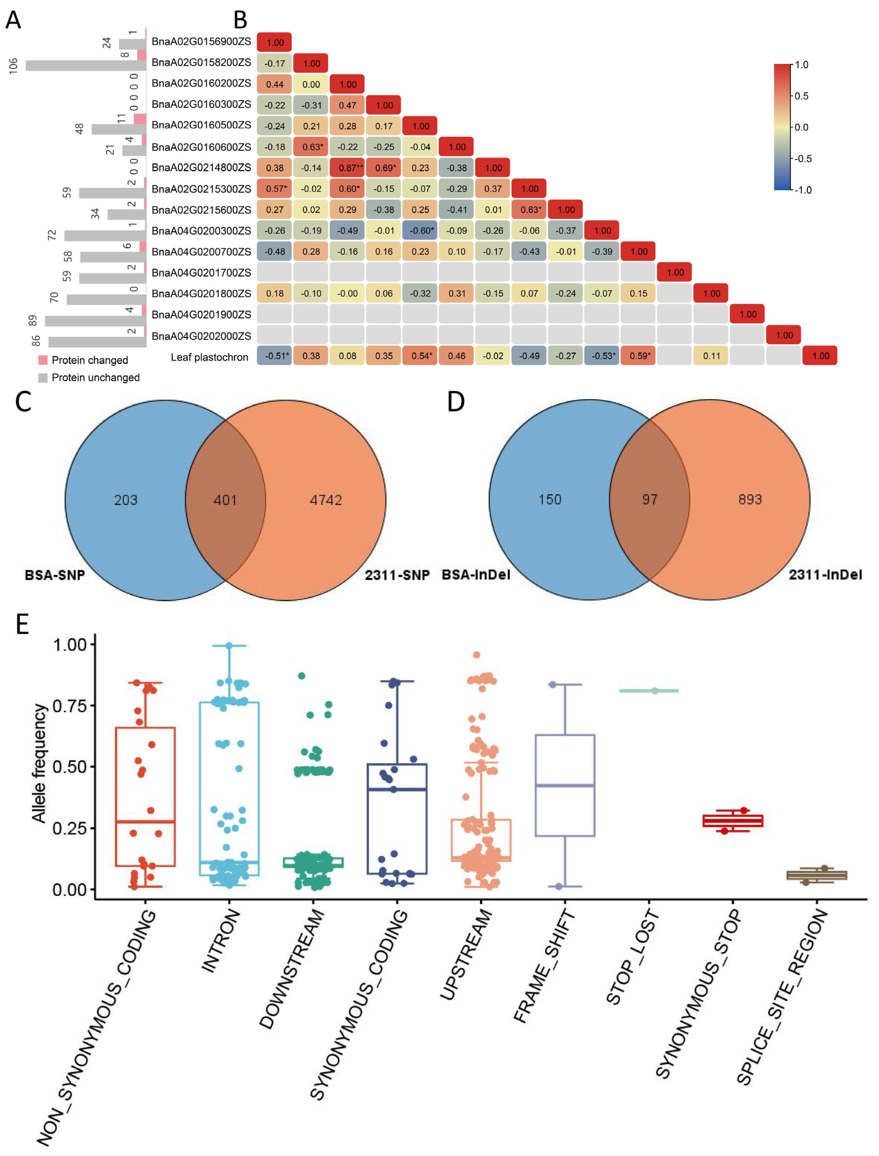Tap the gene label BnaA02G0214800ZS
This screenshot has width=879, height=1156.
point(201,167)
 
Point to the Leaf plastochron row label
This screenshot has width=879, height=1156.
point(209,357)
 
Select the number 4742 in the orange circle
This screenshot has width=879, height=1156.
point(325,500)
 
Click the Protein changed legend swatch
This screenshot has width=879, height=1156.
point(43,360)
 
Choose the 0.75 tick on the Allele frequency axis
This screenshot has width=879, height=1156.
point(69,706)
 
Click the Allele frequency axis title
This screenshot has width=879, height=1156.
point(39,763)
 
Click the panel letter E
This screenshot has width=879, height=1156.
point(22,625)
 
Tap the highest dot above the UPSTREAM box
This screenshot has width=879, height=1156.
point(477,655)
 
